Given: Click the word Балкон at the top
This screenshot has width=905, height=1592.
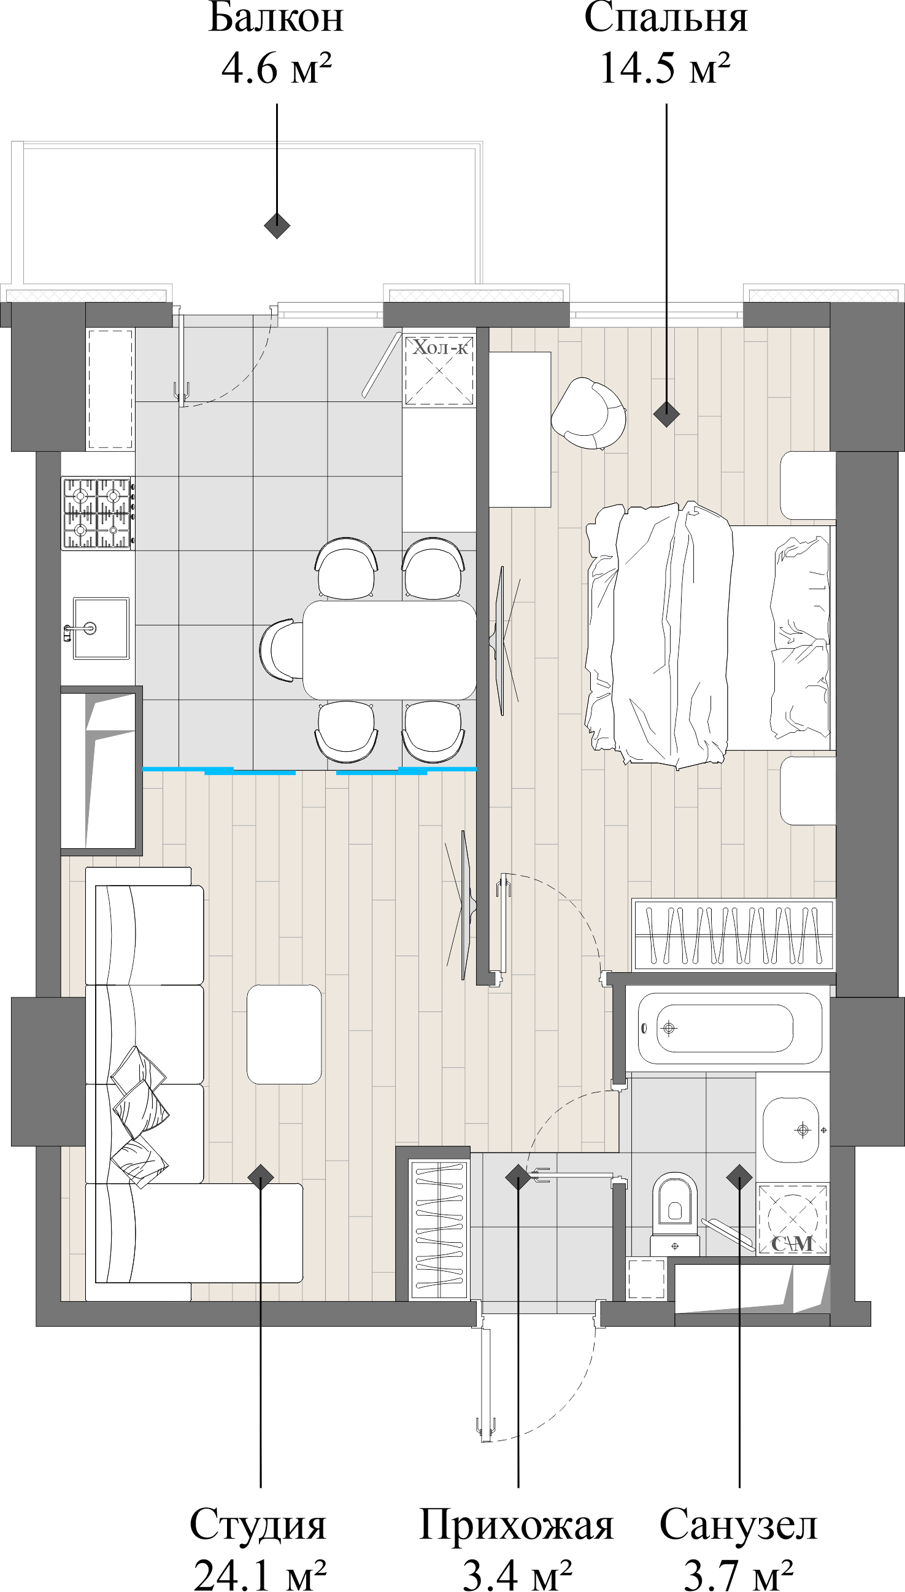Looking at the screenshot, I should pos(275,18).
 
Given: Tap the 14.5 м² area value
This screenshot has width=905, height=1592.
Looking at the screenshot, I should pos(664,68).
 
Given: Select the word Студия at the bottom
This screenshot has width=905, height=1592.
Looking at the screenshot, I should pos(258,1524).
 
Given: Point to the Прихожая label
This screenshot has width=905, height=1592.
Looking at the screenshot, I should pos(516,1524).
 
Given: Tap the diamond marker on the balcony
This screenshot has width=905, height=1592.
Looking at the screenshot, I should pos(277,225).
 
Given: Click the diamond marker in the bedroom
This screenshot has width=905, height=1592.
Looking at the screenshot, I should pos(666,414).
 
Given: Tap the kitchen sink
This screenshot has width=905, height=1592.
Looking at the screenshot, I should pos(101,628).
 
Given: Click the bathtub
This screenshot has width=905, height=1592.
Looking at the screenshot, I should pos(724,1028).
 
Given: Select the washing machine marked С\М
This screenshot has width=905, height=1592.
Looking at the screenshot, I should pos(792,1218).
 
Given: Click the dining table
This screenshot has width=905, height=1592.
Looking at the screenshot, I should pos(390,649).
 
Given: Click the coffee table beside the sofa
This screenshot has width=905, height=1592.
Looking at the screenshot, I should pos(284,1034).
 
